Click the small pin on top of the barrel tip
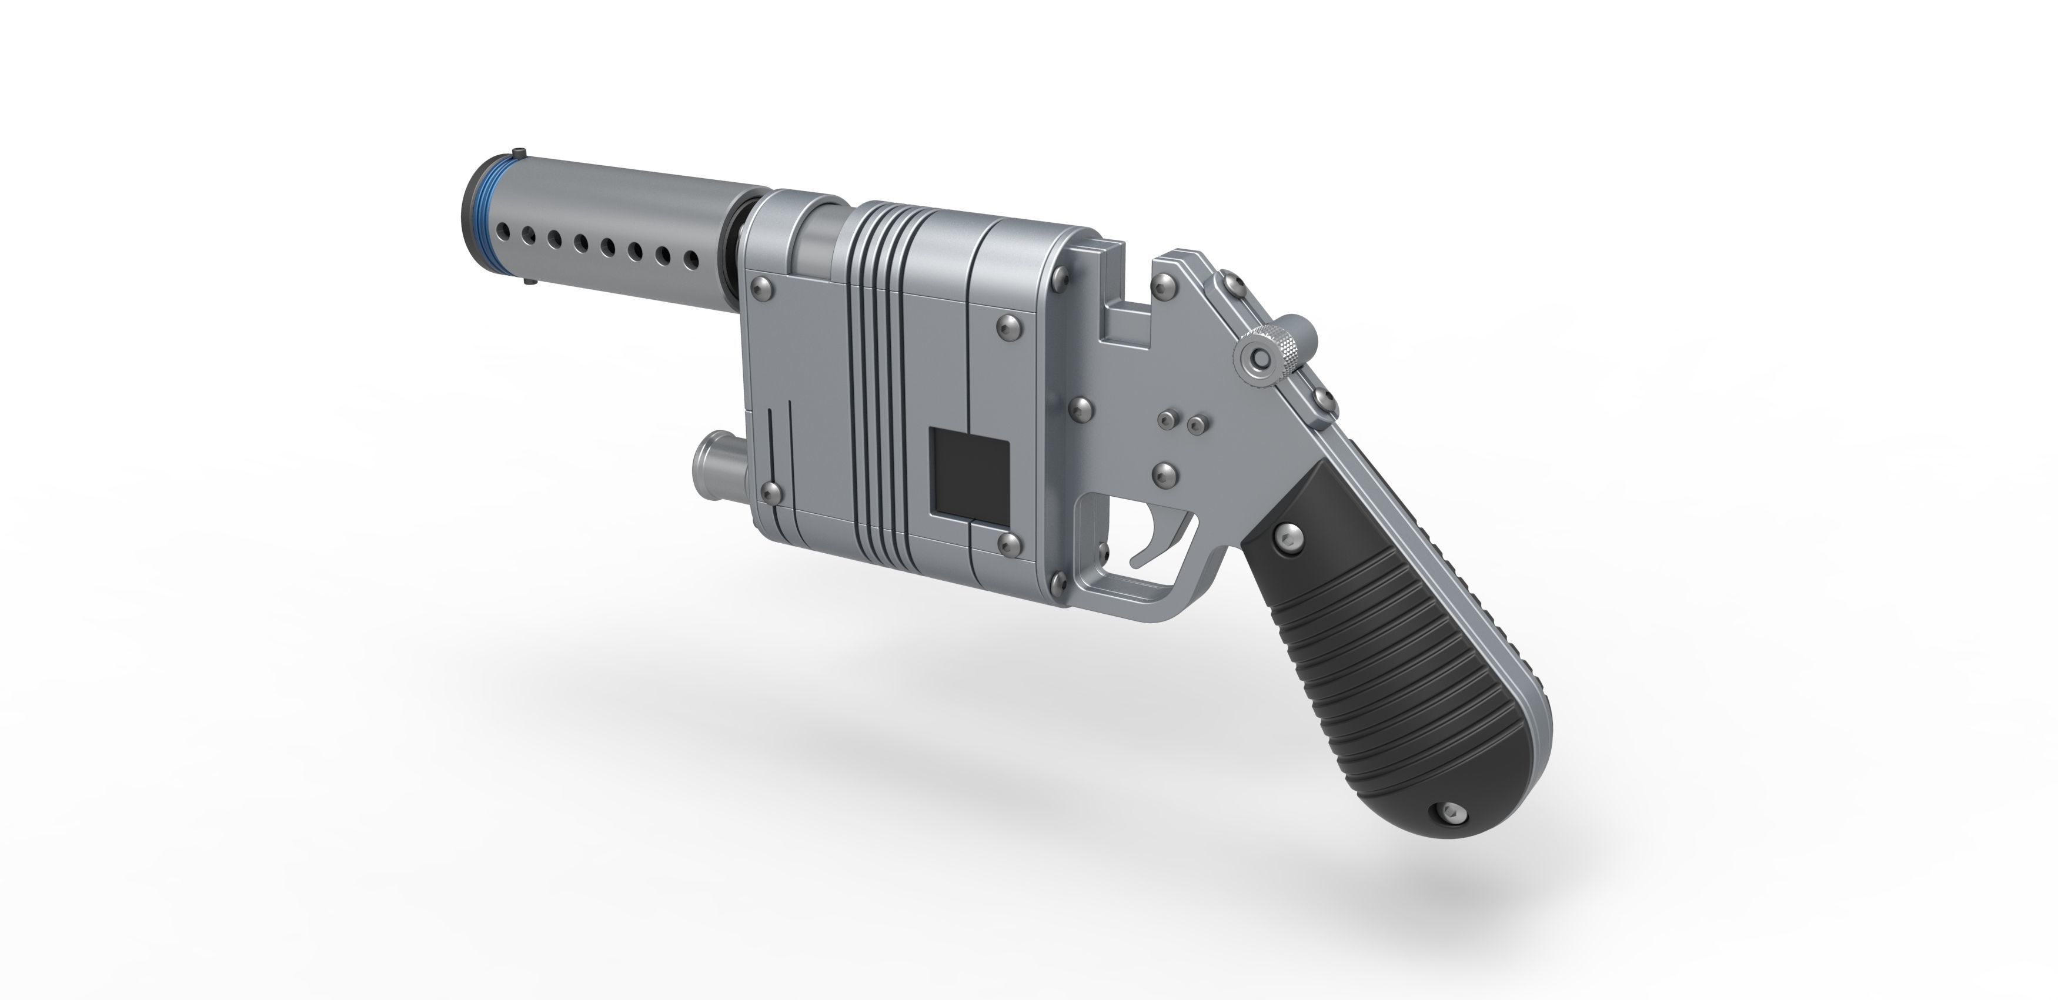[x=520, y=152]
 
